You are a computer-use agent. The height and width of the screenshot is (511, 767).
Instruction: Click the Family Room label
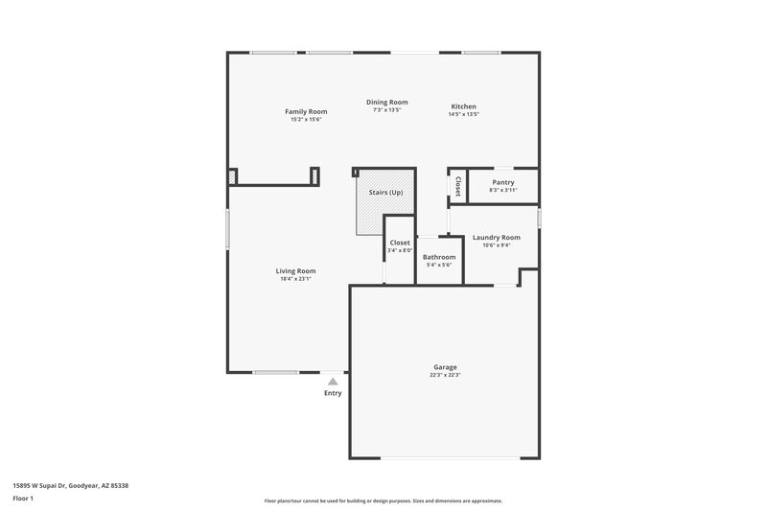[306, 111]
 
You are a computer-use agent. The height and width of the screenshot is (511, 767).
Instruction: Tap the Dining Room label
[387, 102]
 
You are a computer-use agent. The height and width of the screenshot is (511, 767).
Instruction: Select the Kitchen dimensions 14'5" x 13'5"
[463, 114]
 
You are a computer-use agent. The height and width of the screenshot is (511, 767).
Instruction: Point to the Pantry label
[503, 182]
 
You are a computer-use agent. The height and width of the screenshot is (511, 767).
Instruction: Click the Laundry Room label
[497, 237]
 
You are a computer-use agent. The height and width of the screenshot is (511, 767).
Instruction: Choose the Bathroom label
[439, 257]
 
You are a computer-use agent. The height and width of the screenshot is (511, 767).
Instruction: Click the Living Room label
[296, 270]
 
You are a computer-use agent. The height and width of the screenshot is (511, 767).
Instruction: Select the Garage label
[445, 367]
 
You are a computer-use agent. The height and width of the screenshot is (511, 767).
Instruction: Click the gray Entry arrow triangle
[333, 382]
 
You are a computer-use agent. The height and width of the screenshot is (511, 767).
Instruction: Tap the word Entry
[333, 393]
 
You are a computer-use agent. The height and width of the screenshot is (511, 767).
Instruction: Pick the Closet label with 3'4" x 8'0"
[400, 243]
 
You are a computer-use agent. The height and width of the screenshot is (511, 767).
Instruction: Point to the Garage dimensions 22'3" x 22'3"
[445, 375]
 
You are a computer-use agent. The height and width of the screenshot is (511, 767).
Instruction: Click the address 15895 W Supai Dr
[72, 485]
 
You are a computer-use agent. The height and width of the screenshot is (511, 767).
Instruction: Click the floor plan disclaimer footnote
[383, 500]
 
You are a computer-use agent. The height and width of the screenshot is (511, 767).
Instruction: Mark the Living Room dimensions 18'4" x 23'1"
[296, 279]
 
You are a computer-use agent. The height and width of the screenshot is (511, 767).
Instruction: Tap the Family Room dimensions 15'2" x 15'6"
[306, 119]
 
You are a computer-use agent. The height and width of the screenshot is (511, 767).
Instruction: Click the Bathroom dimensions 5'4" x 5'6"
[439, 265]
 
